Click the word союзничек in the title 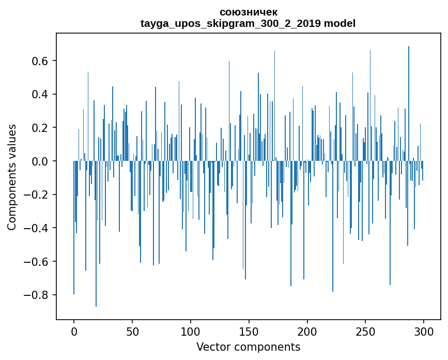click(x=248, y=12)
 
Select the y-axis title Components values click(x=12, y=177)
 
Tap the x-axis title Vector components click(x=248, y=347)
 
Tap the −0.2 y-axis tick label click(x=37, y=194)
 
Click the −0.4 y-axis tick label click(x=37, y=228)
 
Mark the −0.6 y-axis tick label click(x=37, y=262)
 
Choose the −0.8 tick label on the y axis click(x=37, y=295)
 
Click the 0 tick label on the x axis click(x=74, y=330)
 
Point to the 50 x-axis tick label click(x=132, y=330)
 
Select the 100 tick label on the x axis click(x=191, y=330)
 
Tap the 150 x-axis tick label click(x=249, y=330)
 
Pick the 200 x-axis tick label click(x=307, y=330)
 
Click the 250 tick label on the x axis click(x=366, y=330)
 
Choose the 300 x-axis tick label click(x=424, y=330)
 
